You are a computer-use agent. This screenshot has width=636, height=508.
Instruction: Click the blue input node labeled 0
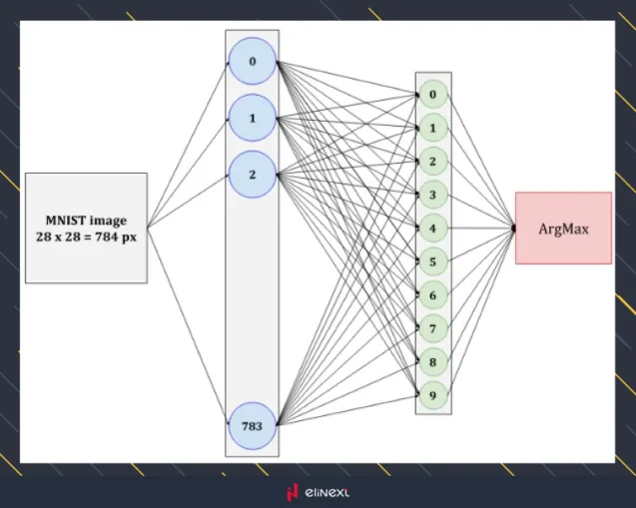(x=253, y=62)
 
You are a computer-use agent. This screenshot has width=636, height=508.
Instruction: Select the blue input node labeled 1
(x=253, y=119)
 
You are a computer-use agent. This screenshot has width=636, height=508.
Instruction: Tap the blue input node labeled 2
(x=253, y=176)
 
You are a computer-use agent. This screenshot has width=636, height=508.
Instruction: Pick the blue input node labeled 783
(x=253, y=425)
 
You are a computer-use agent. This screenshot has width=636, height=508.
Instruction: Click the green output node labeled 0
(x=432, y=96)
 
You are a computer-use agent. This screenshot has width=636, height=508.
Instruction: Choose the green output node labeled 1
(x=432, y=129)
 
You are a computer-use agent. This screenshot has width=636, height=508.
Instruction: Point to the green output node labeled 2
(x=432, y=162)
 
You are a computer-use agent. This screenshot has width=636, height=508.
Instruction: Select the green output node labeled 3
(x=432, y=195)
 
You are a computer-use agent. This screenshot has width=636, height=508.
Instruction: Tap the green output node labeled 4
(x=432, y=229)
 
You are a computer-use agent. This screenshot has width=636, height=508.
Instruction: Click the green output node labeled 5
(x=432, y=262)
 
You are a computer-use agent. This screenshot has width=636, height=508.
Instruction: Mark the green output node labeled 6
(x=432, y=295)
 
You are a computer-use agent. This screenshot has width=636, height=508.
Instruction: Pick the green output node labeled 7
(x=432, y=328)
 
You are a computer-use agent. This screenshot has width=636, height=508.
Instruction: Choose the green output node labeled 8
(x=432, y=361)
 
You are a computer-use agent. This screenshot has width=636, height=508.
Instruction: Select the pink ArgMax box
(x=563, y=229)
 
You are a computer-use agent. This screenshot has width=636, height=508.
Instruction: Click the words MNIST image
(x=86, y=220)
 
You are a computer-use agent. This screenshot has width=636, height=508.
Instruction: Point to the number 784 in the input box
(x=111, y=236)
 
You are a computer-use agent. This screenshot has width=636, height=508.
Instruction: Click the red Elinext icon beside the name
(x=293, y=492)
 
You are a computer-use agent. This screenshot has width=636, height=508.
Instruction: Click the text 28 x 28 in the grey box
(x=59, y=236)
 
